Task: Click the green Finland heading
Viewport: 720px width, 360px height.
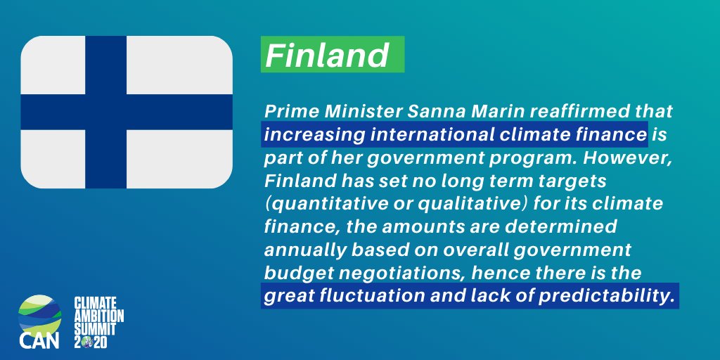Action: coord(328,55)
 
